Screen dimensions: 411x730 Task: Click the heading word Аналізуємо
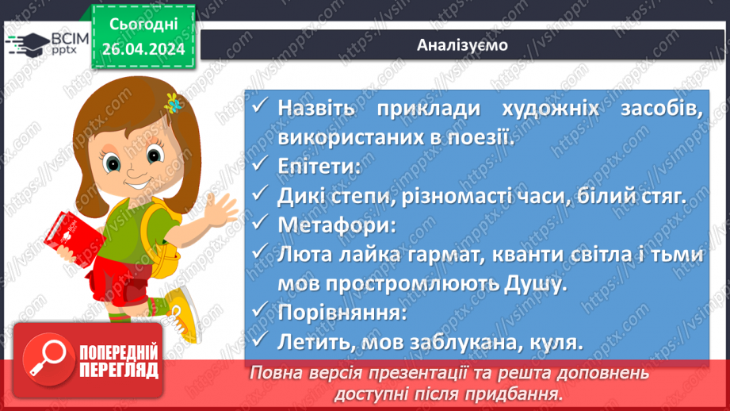462,45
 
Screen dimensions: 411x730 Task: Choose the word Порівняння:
342,313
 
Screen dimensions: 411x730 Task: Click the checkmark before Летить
259,342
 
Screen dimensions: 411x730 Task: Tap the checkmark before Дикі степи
259,195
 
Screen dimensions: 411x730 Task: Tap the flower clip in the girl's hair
170,102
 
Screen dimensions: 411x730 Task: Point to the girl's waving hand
218,211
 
